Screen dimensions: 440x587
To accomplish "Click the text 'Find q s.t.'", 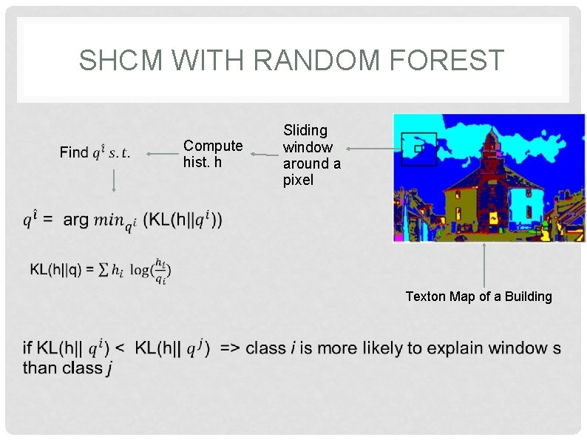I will tap(95, 153).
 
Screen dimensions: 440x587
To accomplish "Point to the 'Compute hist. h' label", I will tap(213, 154).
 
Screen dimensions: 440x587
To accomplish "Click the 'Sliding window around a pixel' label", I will tap(311, 155).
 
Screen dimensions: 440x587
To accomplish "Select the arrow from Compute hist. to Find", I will tap(163, 154).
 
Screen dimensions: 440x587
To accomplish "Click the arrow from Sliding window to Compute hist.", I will tap(262, 155).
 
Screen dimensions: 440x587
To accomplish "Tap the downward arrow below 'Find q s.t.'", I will tap(113, 180).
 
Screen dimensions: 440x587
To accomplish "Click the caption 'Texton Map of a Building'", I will tap(478, 297).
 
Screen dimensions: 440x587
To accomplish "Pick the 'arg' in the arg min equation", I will tap(75, 220).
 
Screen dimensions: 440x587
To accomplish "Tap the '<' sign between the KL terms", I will tap(120, 348).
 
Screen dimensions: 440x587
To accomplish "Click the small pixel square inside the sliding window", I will tap(418, 148).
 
